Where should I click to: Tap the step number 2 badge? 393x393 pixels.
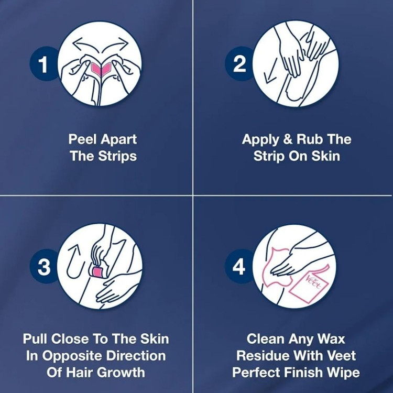(x=239, y=64)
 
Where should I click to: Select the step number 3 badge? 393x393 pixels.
(x=44, y=266)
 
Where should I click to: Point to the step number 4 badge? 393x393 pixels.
(x=239, y=266)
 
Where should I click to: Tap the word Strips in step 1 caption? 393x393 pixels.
(x=117, y=156)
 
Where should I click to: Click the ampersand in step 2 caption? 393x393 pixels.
(x=288, y=139)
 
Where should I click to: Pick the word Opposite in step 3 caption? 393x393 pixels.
(x=72, y=356)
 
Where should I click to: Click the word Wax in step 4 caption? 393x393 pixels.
(x=331, y=339)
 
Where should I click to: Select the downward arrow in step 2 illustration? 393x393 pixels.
(x=271, y=72)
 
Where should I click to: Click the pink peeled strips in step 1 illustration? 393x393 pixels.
(x=101, y=69)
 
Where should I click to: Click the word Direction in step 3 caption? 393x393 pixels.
(x=136, y=356)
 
